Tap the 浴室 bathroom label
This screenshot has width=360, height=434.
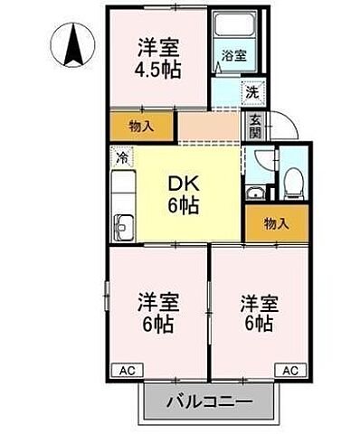(232, 56)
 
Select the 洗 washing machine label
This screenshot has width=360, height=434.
(252, 91)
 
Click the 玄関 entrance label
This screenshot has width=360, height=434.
(255, 126)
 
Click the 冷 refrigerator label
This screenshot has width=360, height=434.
(122, 157)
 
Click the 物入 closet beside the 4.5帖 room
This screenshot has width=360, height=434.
(141, 127)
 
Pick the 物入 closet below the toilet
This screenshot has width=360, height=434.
(277, 223)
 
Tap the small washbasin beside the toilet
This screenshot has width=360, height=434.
(257, 192)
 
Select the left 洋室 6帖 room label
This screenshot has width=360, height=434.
(156, 310)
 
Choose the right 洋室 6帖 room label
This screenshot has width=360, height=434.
(258, 311)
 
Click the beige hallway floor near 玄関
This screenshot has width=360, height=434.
(208, 127)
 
